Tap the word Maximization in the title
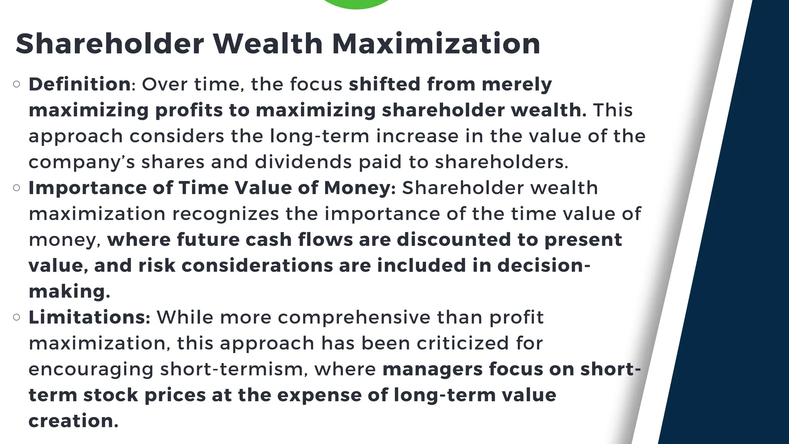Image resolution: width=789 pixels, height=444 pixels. [x=436, y=44]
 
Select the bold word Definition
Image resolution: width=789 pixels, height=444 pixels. [x=79, y=84]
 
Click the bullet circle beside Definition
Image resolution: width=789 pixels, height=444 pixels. [x=17, y=84]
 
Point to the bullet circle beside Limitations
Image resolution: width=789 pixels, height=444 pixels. [x=17, y=317]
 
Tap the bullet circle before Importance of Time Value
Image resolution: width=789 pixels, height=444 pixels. [x=17, y=188]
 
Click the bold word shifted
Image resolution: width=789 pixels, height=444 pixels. [x=384, y=84]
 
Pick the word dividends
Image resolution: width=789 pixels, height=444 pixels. [x=303, y=162]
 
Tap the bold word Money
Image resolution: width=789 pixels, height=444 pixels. [x=357, y=188]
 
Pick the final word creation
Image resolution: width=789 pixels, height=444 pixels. [x=72, y=421]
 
